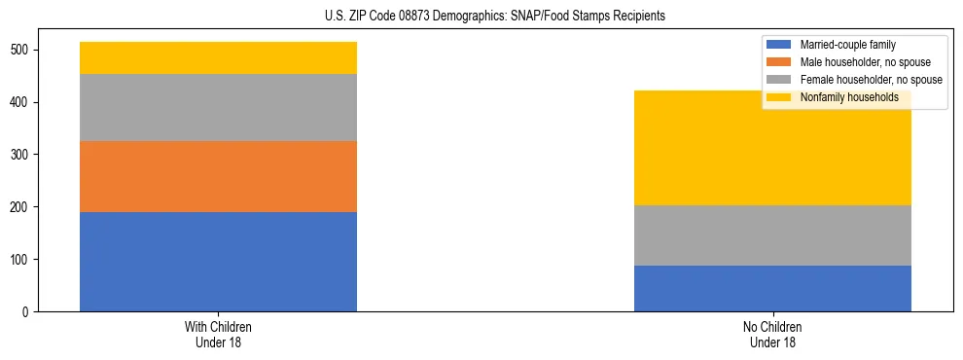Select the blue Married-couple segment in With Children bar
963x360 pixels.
click(218, 262)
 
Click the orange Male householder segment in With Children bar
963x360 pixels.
click(218, 176)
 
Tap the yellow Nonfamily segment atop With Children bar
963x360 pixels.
click(218, 57)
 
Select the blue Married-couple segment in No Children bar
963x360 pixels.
click(772, 288)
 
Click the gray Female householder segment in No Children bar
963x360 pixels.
click(772, 235)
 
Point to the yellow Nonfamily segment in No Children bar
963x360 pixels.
click(772, 156)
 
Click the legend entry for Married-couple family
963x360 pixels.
click(847, 45)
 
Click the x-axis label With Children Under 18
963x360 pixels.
click(218, 334)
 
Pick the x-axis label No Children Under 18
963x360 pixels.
click(772, 334)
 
